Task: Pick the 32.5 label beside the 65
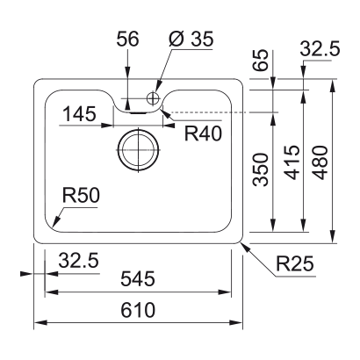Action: [x=320, y=52]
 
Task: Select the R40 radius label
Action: [x=201, y=133]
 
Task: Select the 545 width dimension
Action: [x=139, y=280]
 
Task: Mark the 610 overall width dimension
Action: [x=139, y=311]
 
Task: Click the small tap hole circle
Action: [x=152, y=97]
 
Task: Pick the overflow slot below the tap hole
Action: [x=138, y=111]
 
